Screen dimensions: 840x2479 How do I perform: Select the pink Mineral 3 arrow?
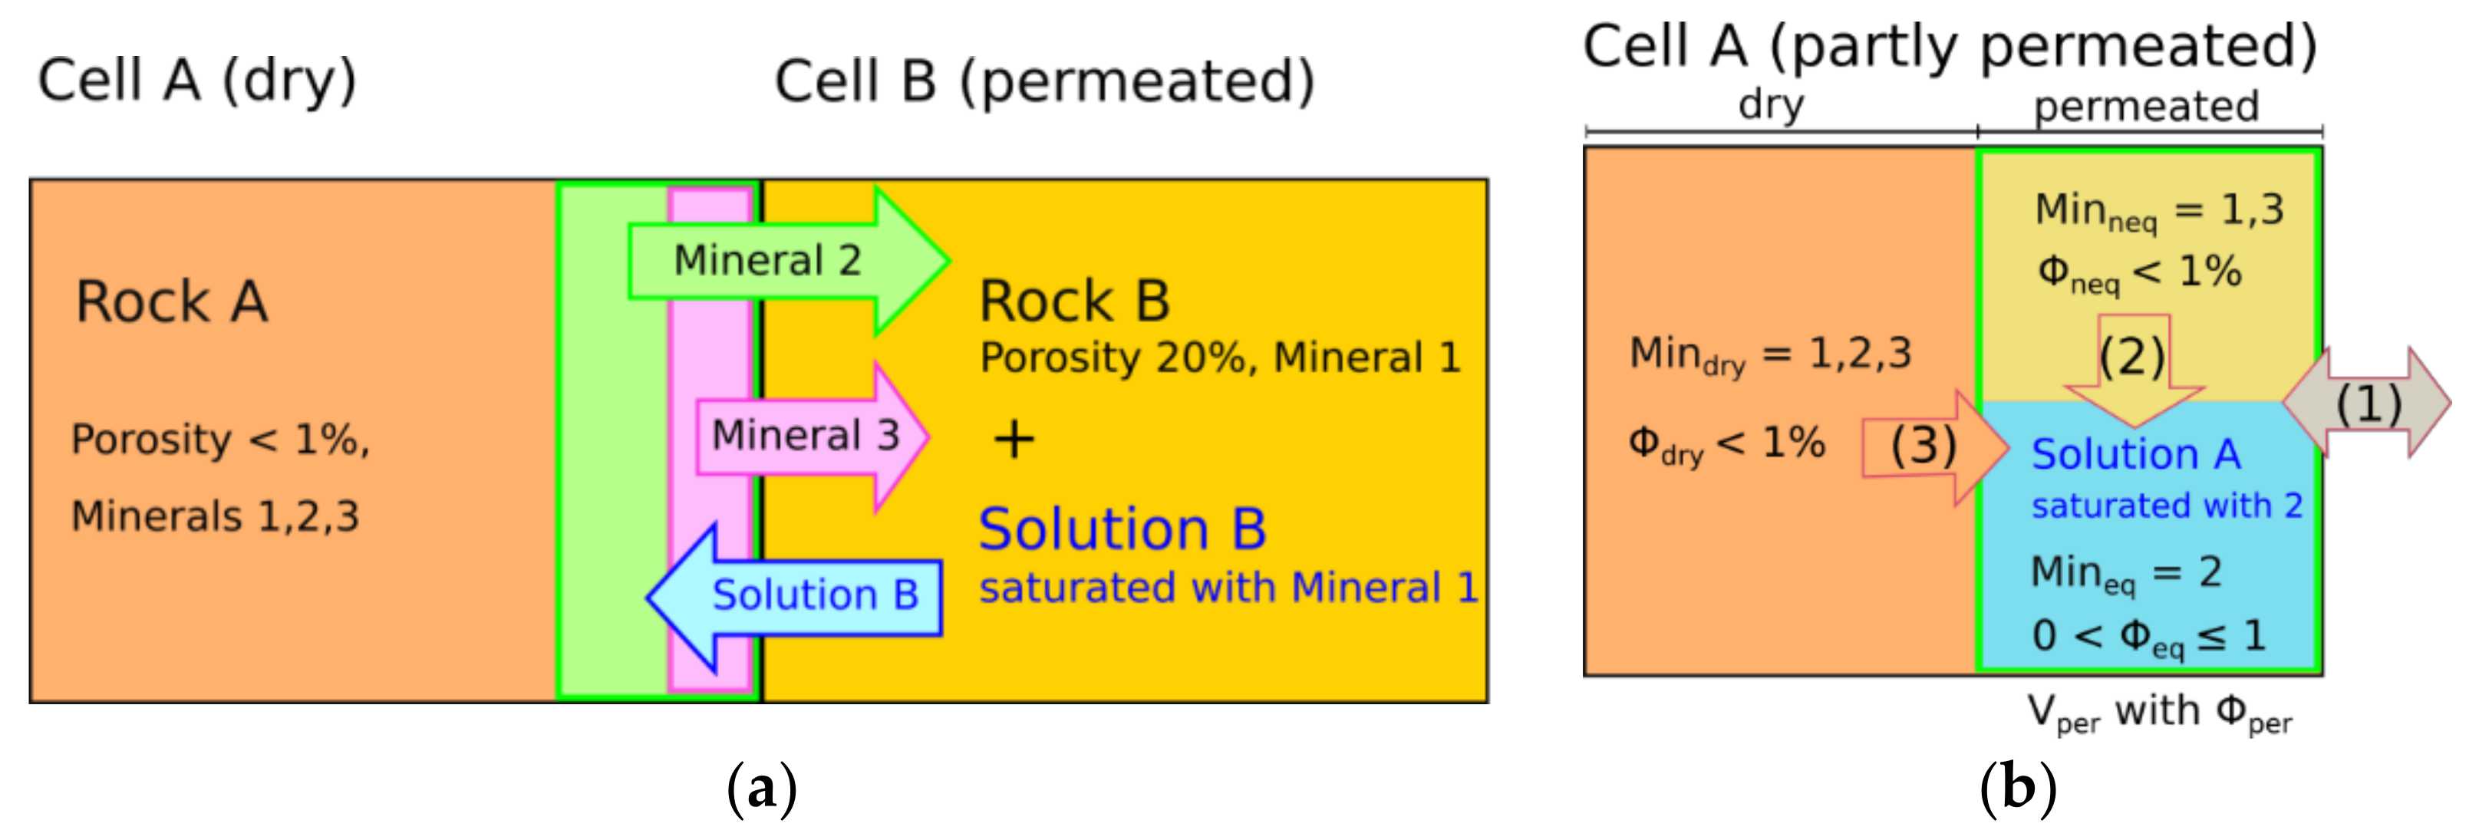click(x=809, y=436)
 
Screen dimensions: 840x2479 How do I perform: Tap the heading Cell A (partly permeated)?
click(x=1950, y=45)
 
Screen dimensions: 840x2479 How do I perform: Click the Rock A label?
click(x=171, y=301)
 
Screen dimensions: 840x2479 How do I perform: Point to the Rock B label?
click(x=1074, y=301)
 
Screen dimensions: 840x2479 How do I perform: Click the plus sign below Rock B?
click(x=1014, y=440)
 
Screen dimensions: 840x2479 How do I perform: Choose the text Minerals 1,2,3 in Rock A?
click(x=215, y=516)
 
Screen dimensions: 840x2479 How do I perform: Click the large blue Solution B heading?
click(x=1122, y=529)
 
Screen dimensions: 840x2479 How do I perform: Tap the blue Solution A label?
click(x=2135, y=454)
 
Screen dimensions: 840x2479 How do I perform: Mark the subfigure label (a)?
click(x=761, y=789)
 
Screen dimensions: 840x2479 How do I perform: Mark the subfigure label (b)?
click(x=2018, y=789)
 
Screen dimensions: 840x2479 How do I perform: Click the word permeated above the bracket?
click(x=2146, y=106)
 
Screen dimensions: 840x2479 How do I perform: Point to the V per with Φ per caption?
click(x=2158, y=713)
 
